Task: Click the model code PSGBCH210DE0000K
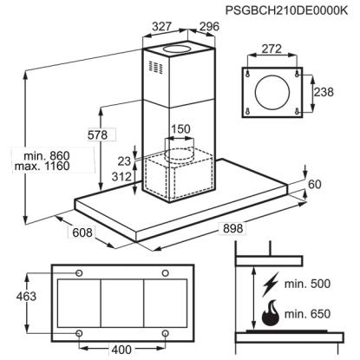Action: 286,10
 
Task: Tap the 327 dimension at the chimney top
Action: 162,27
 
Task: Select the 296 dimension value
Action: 210,27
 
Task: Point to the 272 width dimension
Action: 272,49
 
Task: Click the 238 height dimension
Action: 324,92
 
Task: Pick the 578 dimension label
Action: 97,134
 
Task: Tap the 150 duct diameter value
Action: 180,129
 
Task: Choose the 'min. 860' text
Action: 47,156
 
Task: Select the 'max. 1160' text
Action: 42,167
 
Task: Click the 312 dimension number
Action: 121,177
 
